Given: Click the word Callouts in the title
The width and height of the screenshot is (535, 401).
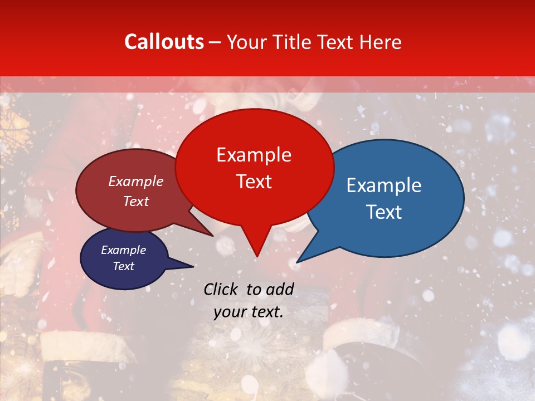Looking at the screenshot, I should tap(164, 42).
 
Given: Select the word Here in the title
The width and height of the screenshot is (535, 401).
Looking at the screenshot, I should tap(380, 42).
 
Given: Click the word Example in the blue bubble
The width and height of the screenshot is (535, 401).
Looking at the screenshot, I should tap(384, 185).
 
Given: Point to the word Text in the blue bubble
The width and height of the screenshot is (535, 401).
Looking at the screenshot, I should tap(384, 212).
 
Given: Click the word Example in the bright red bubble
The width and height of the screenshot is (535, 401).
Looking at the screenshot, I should tap(254, 155).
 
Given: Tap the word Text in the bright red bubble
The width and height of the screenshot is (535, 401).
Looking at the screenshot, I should tap(254, 182).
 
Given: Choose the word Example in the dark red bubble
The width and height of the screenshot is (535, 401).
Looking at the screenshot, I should tap(136, 181).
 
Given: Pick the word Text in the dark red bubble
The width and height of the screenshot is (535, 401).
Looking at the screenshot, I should tap(136, 201).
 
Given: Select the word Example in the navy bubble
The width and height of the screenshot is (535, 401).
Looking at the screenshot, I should tap(124, 250).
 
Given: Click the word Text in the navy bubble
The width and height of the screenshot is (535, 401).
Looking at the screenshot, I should tap(124, 266).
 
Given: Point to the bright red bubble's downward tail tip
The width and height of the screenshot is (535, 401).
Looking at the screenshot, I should tap(256, 257).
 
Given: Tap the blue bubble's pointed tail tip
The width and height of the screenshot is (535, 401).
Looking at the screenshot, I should tap(297, 262).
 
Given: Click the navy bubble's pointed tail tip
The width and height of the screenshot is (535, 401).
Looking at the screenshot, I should tap(193, 266).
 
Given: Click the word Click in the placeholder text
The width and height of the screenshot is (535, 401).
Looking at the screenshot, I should tap(221, 288).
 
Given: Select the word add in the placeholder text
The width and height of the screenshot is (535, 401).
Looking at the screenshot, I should tap(280, 288).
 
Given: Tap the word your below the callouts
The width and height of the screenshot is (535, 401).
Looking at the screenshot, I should tap(230, 312).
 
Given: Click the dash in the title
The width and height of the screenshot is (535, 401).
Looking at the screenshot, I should tap(215, 42).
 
